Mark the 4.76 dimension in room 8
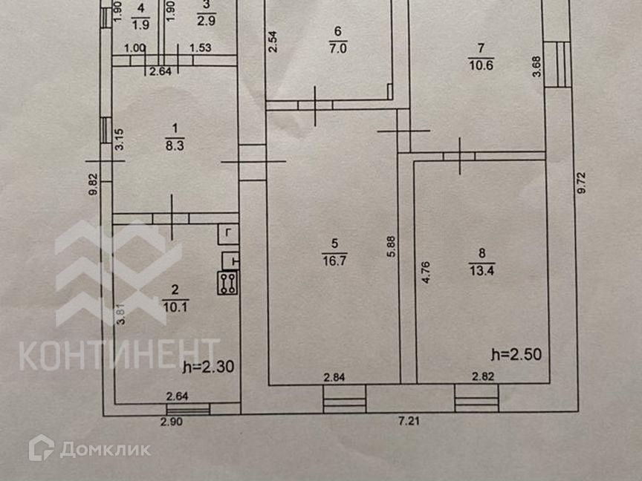coord(427,272)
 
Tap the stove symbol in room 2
coord(227,284)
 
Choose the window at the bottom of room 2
coord(188,409)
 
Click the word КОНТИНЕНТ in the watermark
coord(119,354)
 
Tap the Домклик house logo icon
coord(41,447)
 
